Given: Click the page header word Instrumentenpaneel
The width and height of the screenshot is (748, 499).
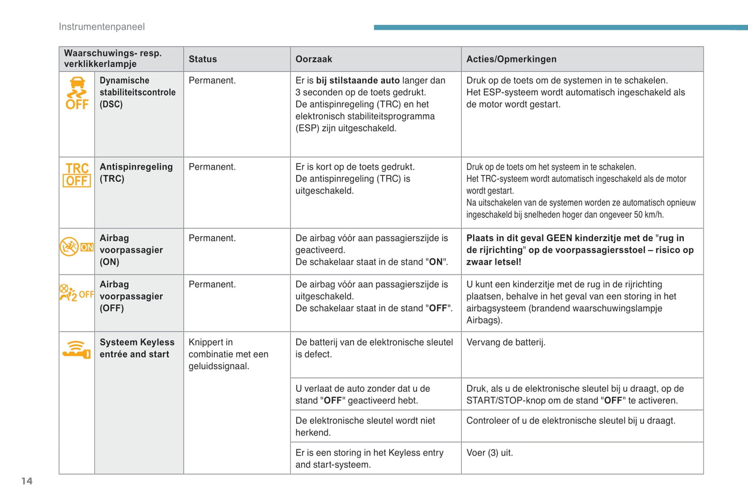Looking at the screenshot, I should pos(101,27).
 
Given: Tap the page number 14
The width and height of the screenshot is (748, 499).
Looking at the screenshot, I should pos(27,481).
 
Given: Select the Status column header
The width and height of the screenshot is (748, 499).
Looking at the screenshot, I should pos(202,59).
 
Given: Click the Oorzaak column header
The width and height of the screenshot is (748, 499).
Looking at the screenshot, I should pos(314,59).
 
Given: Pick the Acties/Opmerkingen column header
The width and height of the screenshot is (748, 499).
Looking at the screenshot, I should pos(511,59).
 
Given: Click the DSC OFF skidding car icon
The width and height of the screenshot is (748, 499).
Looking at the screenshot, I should pos(77,93).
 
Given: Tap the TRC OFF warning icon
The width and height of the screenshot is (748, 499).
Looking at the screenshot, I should pos(77,174).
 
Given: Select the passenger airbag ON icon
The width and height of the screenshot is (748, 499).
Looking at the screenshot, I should pos(77,247).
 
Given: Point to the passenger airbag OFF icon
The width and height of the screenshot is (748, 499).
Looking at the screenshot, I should pos(77,293).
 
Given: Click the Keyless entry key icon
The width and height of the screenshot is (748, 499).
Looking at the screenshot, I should pos(77,349).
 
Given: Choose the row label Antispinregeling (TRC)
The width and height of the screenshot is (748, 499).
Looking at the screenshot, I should pos(136,172).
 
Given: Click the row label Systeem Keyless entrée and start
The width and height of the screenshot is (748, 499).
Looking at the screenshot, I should pos(137,348).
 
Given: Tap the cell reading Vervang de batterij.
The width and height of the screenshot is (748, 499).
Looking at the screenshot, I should pos(506,342).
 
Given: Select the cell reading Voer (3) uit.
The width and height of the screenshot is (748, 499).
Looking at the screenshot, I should pos(489,452).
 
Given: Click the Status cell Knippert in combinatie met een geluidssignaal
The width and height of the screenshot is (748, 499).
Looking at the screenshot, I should pos(228,354).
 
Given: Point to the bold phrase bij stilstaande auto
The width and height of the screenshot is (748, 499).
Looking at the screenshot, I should pos(358,80).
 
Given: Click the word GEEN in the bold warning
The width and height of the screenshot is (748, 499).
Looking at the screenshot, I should pos(559,238).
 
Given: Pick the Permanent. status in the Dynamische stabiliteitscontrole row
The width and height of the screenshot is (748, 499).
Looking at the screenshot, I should pos(212,80).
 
